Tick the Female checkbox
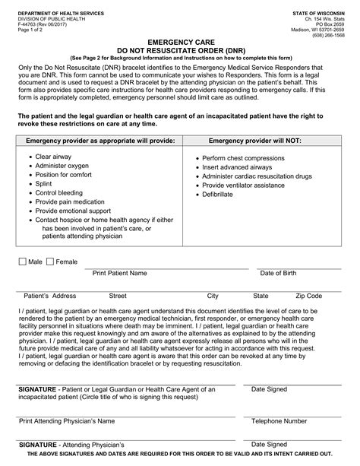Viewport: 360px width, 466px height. click(x=50, y=262)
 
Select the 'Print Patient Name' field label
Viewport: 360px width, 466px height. click(x=120, y=273)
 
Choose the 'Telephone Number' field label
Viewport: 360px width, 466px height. click(x=279, y=420)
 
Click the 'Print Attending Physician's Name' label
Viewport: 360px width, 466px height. click(x=67, y=420)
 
